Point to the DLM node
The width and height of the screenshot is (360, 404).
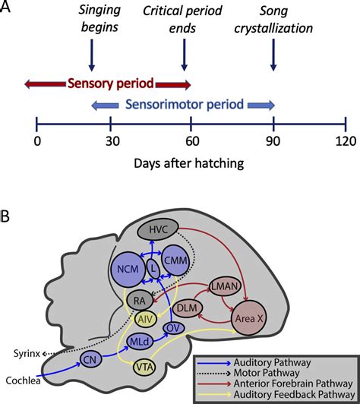click(x=187, y=308)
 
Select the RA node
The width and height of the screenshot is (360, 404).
click(x=139, y=301)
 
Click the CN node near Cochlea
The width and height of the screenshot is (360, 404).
click(x=90, y=359)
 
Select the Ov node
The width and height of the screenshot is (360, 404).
click(x=174, y=328)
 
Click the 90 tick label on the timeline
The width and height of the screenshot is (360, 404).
click(x=273, y=140)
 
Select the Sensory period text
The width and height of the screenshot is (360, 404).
click(x=108, y=82)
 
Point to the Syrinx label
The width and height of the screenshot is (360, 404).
click(x=28, y=353)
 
